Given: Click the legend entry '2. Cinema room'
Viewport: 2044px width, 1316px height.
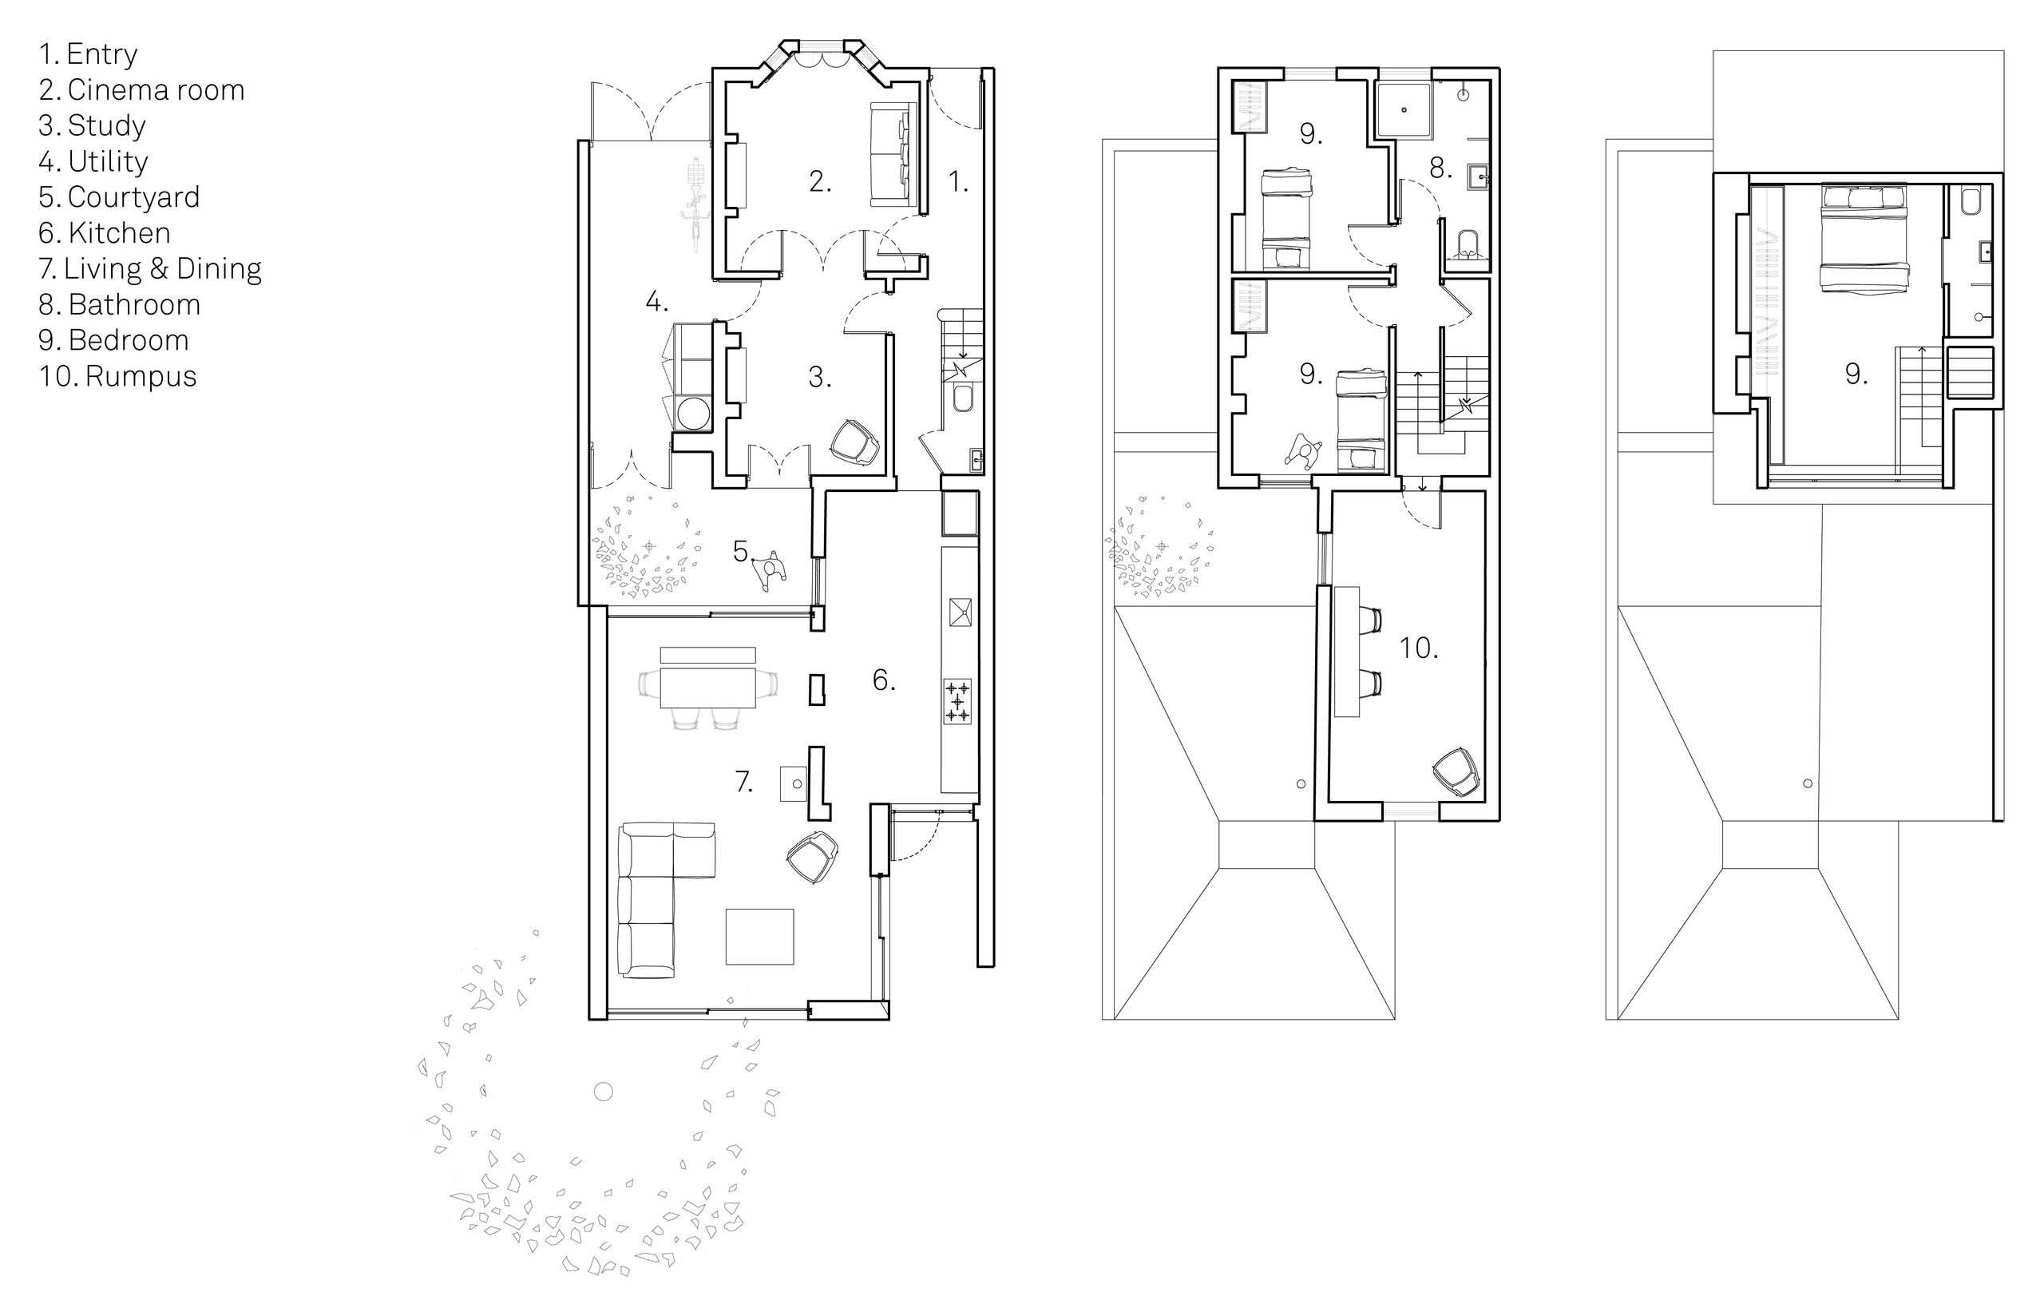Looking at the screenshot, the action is [x=142, y=89].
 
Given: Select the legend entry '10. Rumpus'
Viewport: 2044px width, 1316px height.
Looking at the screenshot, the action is [x=118, y=376].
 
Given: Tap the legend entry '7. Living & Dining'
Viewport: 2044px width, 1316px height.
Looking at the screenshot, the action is [x=150, y=268].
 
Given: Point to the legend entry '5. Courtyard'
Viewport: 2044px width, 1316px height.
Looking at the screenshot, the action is [x=120, y=196].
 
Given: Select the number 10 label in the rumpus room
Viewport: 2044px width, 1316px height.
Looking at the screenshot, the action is [x=1419, y=648].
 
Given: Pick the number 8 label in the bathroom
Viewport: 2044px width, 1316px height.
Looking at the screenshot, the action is [x=1441, y=168].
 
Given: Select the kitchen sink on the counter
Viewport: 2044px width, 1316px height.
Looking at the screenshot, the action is [x=959, y=612].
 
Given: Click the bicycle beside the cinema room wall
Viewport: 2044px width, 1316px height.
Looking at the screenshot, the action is [x=694, y=200].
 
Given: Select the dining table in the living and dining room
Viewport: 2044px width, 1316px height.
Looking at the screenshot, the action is [x=708, y=687].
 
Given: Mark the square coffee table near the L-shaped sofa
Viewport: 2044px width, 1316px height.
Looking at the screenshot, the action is [x=759, y=937].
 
